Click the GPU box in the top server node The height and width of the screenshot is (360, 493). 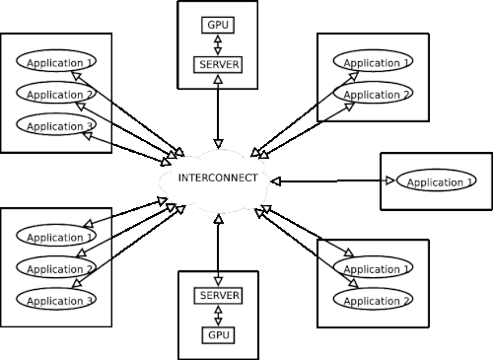[218, 25]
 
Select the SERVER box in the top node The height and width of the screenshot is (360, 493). [218, 65]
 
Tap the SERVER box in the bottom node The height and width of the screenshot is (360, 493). [218, 296]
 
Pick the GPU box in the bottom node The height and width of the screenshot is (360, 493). [218, 335]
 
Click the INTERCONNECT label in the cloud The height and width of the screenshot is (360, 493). [218, 178]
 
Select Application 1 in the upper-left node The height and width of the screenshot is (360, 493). [56, 61]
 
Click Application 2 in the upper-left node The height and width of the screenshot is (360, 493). [56, 93]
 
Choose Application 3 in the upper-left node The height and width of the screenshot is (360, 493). [56, 124]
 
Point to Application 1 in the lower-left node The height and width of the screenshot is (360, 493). [56, 236]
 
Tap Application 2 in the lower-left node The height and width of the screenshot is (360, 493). [56, 267]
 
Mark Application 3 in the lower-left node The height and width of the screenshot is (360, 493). [56, 299]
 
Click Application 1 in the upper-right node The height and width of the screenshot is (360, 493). [373, 61]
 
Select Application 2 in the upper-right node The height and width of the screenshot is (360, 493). [373, 93]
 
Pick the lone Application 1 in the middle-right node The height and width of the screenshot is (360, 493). [437, 180]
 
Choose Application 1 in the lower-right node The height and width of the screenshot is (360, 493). [373, 267]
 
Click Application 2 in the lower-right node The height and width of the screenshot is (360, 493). [373, 299]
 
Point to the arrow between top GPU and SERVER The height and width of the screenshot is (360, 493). [218, 45]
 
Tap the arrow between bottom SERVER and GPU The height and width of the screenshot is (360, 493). [218, 316]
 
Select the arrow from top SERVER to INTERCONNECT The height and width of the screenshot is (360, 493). [218, 111]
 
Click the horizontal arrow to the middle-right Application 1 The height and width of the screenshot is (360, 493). [333, 180]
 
